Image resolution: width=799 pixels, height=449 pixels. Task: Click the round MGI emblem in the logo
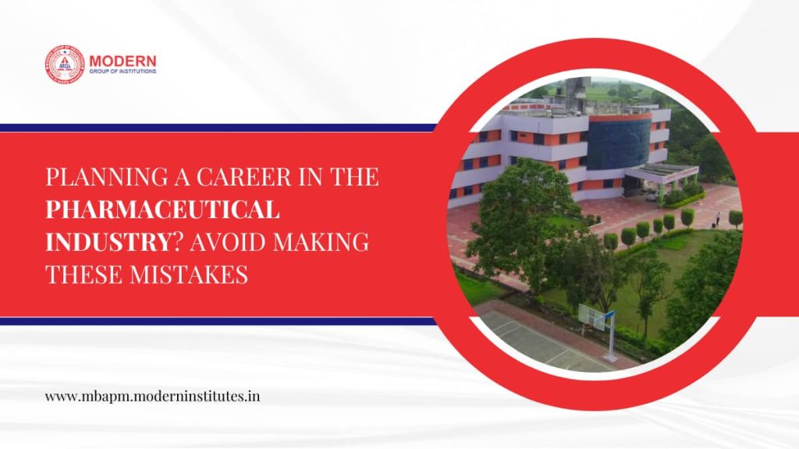(64, 64)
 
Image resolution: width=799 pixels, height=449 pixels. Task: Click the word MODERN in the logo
(123, 61)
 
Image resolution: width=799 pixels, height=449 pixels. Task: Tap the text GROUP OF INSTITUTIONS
(123, 71)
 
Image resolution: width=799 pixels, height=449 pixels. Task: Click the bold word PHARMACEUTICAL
(162, 209)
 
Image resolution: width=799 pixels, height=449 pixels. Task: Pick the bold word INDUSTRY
(105, 242)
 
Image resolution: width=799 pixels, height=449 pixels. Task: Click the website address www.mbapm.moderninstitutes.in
(152, 396)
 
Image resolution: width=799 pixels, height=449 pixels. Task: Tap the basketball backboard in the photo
(593, 313)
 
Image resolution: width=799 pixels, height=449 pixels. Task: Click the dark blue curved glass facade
(619, 143)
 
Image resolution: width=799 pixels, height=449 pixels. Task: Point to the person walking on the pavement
(719, 219)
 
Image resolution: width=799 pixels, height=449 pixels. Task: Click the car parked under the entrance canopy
(652, 195)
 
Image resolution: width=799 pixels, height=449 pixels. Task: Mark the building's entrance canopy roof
(661, 171)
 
